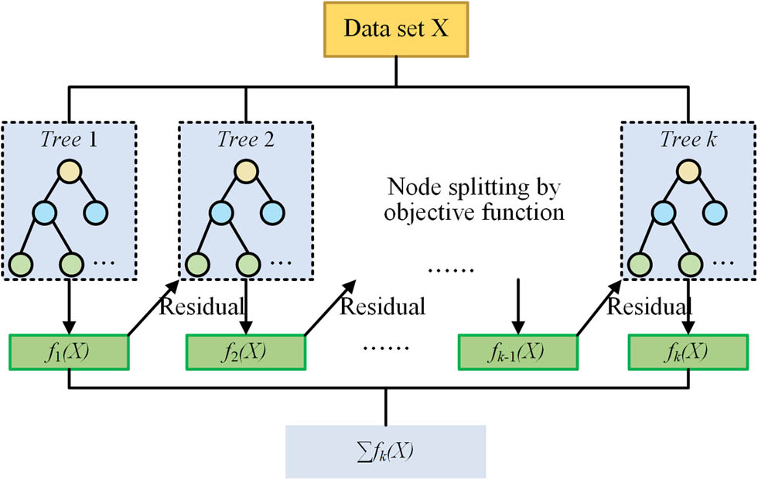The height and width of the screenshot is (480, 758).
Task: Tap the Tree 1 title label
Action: click(x=69, y=140)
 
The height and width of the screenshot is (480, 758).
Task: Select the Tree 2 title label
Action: click(x=245, y=140)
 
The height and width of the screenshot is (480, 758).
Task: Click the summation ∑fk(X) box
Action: click(x=385, y=451)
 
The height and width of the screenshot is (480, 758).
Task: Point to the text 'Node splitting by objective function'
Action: click(x=473, y=200)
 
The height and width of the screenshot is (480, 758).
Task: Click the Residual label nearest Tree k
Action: click(x=648, y=307)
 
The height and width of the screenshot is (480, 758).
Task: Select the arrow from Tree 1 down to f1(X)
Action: click(x=69, y=306)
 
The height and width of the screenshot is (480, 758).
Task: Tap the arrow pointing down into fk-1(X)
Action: click(x=517, y=306)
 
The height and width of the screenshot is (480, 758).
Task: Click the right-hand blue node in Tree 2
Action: click(x=272, y=211)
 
